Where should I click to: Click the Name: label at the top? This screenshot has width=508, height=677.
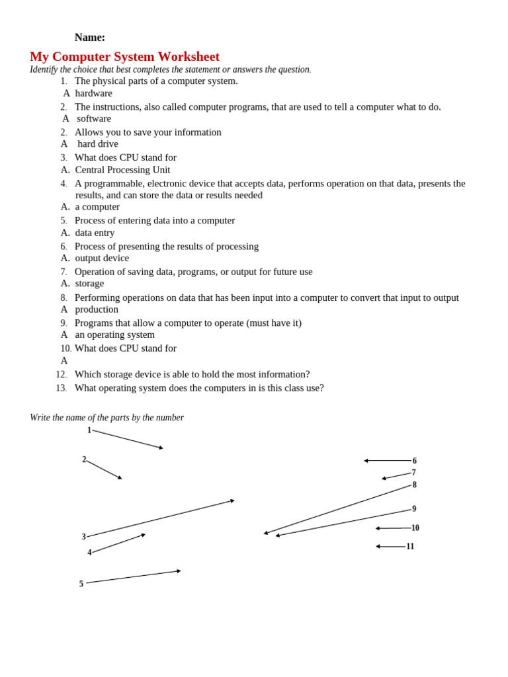[89, 38]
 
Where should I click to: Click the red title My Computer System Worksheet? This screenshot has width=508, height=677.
[124, 57]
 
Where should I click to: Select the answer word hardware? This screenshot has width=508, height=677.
[93, 93]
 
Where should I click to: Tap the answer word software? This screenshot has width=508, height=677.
[94, 118]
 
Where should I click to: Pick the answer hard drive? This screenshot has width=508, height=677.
[98, 144]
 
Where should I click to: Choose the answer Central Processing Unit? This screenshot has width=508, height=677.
[122, 170]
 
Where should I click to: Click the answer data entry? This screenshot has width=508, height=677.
[95, 233]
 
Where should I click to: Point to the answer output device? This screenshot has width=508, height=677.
[102, 258]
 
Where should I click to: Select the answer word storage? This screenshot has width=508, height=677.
[89, 284]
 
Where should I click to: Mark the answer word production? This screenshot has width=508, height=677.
[97, 309]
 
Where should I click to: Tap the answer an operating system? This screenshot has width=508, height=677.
[114, 335]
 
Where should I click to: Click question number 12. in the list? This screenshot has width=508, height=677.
[62, 375]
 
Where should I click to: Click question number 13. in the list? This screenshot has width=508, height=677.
[62, 388]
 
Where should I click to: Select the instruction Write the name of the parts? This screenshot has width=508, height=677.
[106, 418]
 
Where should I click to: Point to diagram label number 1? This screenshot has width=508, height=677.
[89, 430]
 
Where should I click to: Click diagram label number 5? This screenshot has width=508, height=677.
[81, 584]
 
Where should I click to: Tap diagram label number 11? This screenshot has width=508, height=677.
[410, 546]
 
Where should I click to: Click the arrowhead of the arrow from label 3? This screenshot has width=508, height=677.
[233, 500]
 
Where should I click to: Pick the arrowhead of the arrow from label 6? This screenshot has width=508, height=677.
[366, 461]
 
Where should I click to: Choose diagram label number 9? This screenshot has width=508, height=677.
[414, 509]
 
